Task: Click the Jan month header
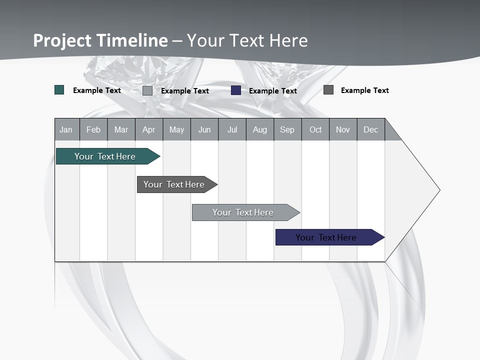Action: [66, 129]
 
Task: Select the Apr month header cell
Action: [148, 129]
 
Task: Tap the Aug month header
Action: [259, 129]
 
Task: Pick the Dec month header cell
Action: [370, 129]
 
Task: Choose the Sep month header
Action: [287, 129]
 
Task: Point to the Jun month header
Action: [204, 129]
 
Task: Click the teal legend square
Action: [59, 90]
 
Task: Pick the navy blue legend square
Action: [236, 90]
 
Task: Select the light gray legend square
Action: [147, 90]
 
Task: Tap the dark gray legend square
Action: [328, 90]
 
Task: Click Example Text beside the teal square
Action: [97, 90]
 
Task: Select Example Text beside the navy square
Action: [273, 91]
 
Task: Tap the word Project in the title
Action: [62, 40]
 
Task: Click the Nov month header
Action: [342, 129]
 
